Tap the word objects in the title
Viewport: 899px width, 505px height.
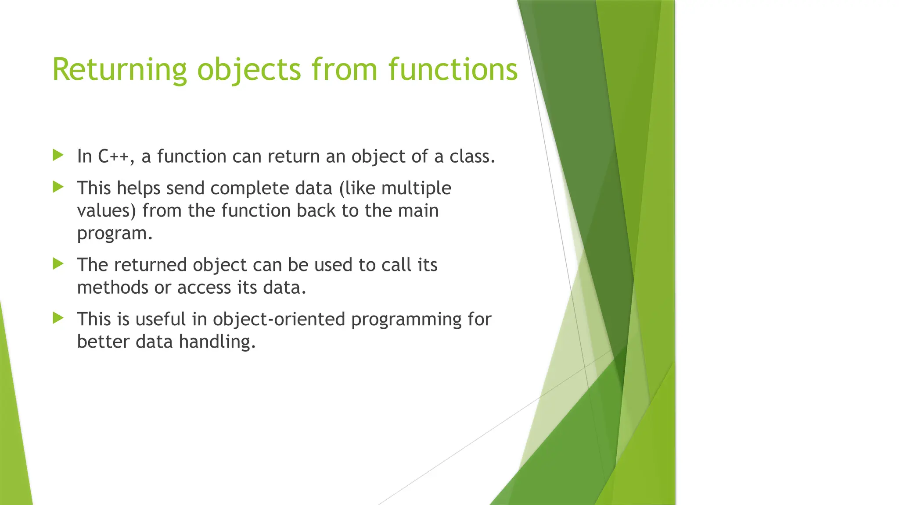click(x=249, y=70)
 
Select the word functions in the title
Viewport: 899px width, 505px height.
click(x=453, y=70)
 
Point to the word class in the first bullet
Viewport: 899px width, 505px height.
click(x=471, y=156)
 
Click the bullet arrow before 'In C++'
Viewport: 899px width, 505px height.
click(x=58, y=155)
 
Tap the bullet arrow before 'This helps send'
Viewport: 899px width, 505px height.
click(x=58, y=187)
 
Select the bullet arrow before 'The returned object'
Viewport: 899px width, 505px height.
click(x=58, y=263)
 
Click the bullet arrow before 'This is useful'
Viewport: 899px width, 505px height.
click(x=58, y=318)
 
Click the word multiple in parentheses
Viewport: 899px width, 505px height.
click(x=416, y=188)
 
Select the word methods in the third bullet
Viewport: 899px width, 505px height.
click(x=112, y=288)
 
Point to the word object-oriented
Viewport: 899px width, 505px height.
click(x=279, y=319)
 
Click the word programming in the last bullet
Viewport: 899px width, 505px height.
click(x=406, y=319)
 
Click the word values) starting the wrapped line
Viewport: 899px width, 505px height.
click(x=107, y=211)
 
